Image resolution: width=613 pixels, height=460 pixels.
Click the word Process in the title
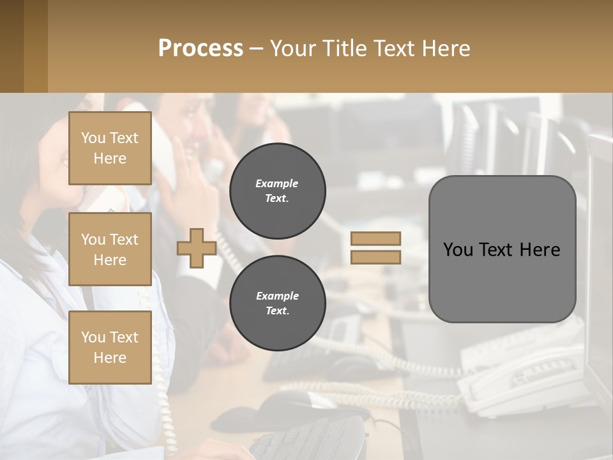tap(201, 49)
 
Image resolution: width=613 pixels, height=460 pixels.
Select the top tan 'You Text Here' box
tap(110, 148)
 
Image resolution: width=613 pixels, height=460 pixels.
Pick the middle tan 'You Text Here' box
tap(110, 249)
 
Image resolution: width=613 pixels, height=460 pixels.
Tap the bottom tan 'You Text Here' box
tap(110, 347)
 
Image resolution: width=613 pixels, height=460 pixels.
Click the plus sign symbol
tap(197, 249)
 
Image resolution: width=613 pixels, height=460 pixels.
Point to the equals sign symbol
tap(375, 248)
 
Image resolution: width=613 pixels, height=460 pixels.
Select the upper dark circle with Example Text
tap(277, 191)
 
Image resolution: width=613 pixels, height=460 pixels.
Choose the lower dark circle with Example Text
tap(277, 303)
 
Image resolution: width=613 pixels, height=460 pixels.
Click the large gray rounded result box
tap(502, 249)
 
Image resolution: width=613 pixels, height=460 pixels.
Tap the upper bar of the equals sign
tap(375, 239)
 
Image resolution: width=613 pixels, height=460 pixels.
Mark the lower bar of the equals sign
tap(375, 257)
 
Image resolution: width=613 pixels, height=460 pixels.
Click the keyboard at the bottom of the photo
tap(306, 441)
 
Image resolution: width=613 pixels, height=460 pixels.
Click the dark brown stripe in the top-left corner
tap(11, 46)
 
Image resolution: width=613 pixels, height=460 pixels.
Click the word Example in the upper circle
tap(277, 183)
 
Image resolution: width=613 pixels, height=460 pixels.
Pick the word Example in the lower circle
tap(277, 296)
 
